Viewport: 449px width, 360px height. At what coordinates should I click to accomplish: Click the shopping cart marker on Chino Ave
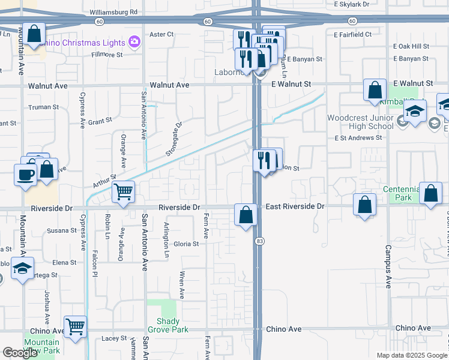[x=75, y=327]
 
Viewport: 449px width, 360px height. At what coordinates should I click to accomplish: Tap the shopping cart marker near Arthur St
[x=123, y=192]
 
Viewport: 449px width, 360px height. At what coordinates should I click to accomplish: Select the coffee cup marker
[x=25, y=175]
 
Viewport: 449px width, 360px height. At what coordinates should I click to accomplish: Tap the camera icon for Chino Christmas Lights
[x=134, y=43]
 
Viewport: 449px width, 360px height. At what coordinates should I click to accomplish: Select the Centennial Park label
[x=399, y=193]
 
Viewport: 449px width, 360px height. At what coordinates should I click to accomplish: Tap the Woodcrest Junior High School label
[x=360, y=122]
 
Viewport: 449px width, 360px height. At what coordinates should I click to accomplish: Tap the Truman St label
[x=43, y=107]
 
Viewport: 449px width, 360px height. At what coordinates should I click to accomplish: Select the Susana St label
[x=62, y=230]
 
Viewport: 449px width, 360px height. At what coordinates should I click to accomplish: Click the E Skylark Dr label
[x=351, y=4]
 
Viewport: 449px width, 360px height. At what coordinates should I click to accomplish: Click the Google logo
[x=20, y=353]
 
